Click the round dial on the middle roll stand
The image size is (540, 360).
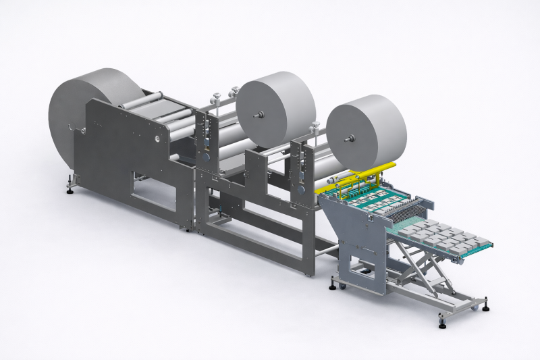pyautogui.click(x=208, y=156)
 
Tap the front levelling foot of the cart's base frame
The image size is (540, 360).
pyautogui.click(x=442, y=324)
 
